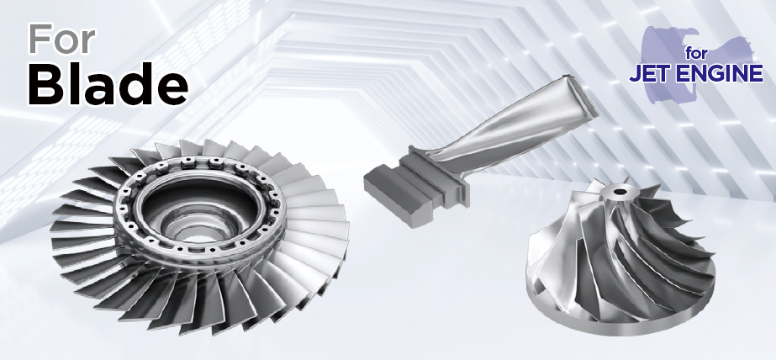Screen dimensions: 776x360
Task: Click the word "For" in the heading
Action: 62,40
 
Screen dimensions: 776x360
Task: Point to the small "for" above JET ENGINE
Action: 697,54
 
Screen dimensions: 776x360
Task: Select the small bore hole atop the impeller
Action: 619,191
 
